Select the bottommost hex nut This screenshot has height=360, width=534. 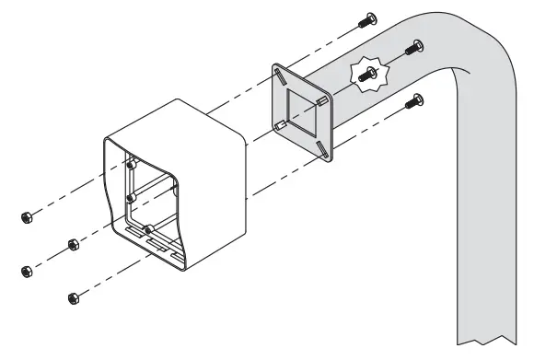[x=73, y=297]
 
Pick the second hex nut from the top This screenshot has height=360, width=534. [x=72, y=245]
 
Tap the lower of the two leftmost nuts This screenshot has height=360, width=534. [x=26, y=272]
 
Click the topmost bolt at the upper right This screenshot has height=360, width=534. [x=370, y=18]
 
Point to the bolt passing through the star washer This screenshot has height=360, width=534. [x=366, y=78]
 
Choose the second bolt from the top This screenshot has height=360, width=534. [x=416, y=46]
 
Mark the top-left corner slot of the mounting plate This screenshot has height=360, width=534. [x=279, y=74]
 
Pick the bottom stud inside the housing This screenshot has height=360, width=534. [x=147, y=228]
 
